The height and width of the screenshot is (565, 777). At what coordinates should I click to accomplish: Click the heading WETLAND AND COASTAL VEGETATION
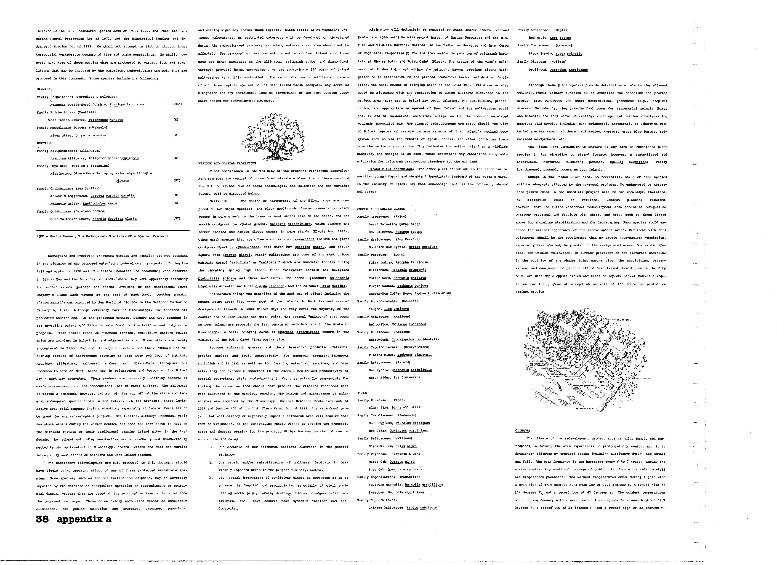pyautogui.click(x=227, y=163)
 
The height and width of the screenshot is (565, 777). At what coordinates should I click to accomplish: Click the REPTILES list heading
pyautogui.click(x=44, y=143)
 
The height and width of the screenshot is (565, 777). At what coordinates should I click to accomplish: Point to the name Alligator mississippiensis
pyautogui.click(x=113, y=158)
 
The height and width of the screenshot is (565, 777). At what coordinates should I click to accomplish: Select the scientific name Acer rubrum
pyautogui.click(x=560, y=38)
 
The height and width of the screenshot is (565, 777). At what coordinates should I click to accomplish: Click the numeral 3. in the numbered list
pyautogui.click(x=211, y=478)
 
